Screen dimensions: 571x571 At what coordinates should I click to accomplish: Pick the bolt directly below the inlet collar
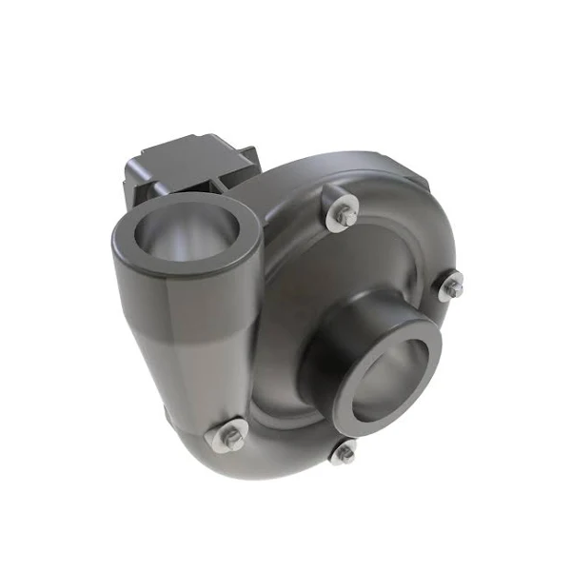point(345,454)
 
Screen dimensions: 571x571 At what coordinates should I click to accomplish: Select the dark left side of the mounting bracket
point(133,181)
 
